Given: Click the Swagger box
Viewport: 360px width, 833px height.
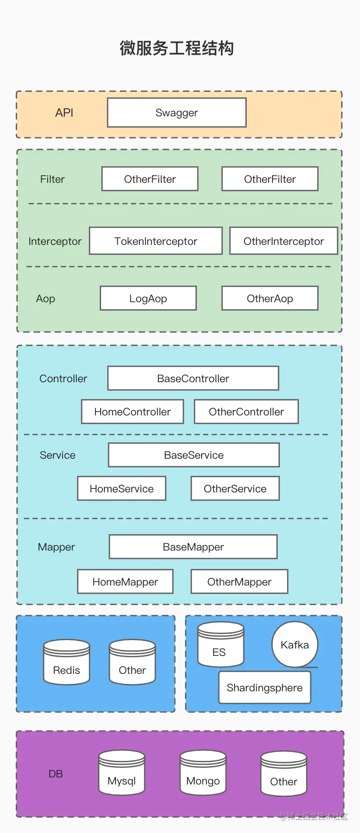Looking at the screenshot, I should [177, 113].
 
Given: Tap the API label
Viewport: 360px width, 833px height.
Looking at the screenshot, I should [64, 113].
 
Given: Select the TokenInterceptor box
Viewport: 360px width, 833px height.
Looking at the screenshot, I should [156, 241].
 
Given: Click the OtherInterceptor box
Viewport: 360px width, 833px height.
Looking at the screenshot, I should [283, 241].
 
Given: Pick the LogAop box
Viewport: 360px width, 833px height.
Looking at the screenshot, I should [148, 298].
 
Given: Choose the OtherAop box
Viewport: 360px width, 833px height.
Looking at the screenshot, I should [270, 298].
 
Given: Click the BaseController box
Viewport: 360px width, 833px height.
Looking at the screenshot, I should [193, 378].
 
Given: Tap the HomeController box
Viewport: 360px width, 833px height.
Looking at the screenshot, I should [133, 411].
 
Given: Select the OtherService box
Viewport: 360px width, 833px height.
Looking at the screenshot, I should [235, 488].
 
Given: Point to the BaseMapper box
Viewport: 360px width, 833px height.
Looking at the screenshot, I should [193, 547].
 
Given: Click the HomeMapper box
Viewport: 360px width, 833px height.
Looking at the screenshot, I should [125, 582].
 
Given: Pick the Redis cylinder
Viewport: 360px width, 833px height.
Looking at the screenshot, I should [66, 662].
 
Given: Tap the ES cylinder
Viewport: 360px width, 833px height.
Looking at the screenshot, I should [220, 645].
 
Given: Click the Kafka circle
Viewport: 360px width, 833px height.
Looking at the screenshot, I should [295, 645].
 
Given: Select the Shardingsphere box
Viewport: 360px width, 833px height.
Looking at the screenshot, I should [265, 687].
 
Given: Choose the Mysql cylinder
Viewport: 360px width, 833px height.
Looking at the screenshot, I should [122, 773].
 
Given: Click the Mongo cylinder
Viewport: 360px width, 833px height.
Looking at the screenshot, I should [203, 773].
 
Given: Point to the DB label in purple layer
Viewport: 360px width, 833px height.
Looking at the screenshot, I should [56, 774].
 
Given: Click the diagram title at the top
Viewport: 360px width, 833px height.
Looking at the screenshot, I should [177, 48].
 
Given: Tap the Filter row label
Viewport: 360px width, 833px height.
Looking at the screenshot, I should [52, 179].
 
